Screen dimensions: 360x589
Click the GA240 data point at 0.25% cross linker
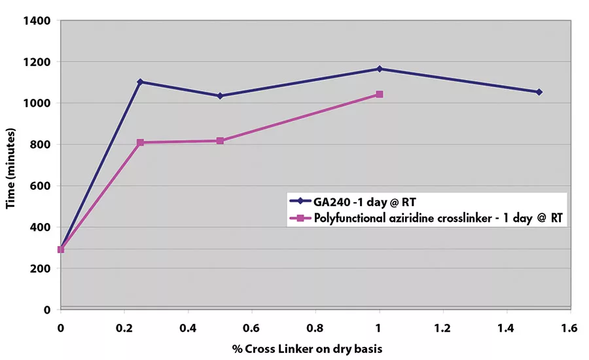140,82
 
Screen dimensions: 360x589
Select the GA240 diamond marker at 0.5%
220,96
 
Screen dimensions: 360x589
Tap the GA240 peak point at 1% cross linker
379,69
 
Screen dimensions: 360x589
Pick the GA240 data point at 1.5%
539,92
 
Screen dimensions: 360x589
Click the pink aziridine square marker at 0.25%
140,143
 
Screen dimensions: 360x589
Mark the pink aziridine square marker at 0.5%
220,141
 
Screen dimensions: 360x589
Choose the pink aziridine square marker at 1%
379,94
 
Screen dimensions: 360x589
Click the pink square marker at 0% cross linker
61,249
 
